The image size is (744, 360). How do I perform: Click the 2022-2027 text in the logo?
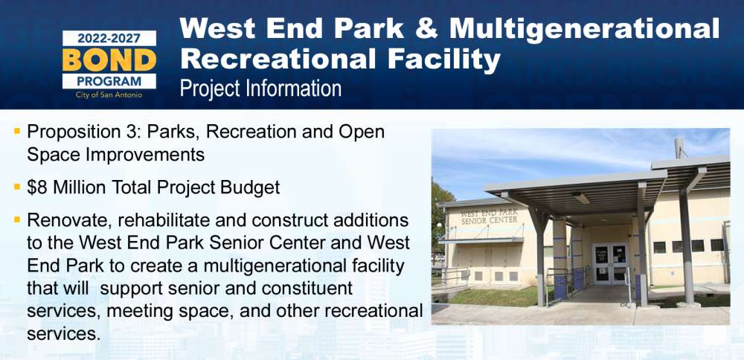click(109, 39)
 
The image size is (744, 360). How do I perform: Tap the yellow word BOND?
click(109, 60)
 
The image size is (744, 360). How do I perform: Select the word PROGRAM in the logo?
click(109, 81)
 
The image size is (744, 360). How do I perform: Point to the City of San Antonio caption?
click(109, 95)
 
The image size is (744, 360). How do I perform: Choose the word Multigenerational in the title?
click(585, 29)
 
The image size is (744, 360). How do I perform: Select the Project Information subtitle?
click(260, 89)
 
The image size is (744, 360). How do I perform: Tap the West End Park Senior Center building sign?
click(489, 216)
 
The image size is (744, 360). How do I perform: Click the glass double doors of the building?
click(611, 264)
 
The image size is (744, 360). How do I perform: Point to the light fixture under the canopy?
click(580, 198)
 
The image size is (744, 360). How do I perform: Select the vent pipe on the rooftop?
click(679, 148)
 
